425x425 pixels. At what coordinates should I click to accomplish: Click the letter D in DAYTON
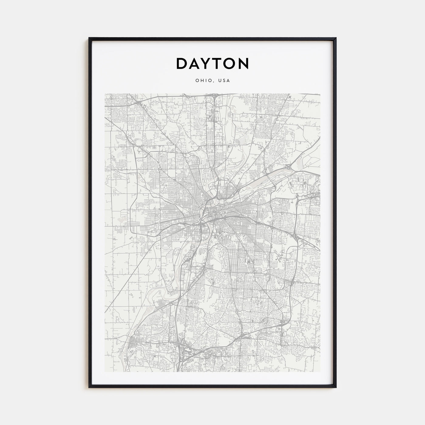[182, 63]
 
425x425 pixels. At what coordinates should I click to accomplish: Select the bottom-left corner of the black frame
[89, 387]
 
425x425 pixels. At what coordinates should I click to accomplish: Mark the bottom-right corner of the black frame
[336, 387]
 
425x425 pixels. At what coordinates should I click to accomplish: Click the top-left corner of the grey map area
[105, 94]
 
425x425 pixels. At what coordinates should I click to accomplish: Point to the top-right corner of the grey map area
[320, 94]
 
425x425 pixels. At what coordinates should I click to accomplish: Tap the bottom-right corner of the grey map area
[320, 372]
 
